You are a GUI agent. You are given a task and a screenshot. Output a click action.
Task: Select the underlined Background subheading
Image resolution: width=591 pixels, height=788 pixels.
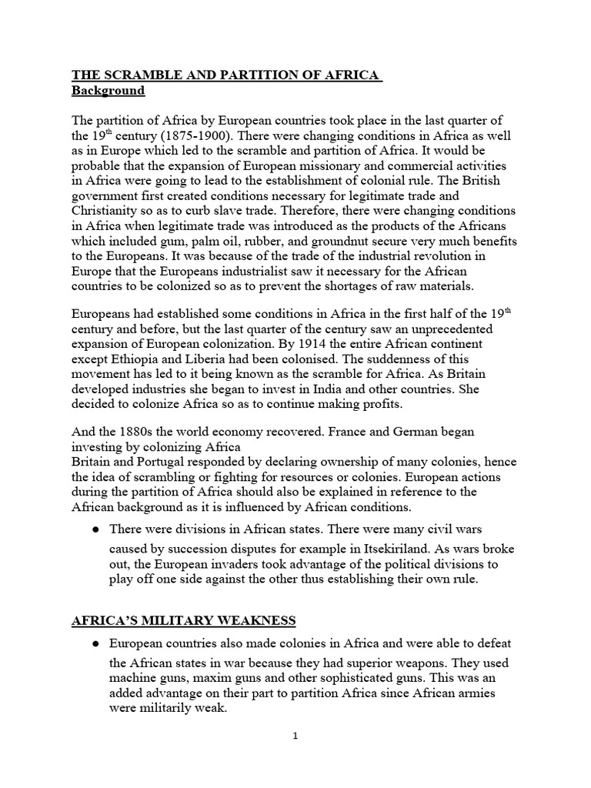click(108, 91)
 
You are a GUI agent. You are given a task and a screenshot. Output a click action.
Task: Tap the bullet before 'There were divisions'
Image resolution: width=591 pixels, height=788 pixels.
click(95, 530)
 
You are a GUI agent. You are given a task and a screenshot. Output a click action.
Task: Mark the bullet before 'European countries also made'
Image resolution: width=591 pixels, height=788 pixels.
click(95, 643)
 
